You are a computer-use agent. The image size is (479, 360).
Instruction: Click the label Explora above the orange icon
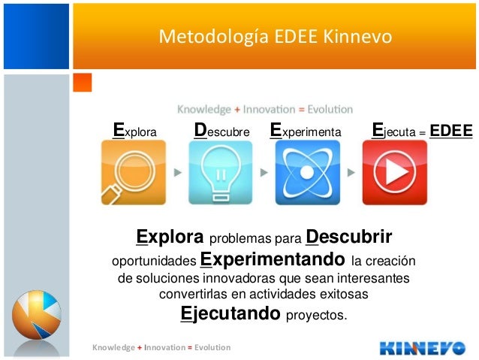(x=134, y=132)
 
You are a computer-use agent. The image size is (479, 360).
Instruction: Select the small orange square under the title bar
(x=82, y=82)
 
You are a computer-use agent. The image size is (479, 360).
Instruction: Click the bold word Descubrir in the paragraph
(x=349, y=238)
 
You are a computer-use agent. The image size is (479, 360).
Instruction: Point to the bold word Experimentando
(x=273, y=260)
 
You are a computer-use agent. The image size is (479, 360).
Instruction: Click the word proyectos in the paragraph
(x=317, y=315)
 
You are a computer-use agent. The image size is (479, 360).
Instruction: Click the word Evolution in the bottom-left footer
(x=212, y=347)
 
